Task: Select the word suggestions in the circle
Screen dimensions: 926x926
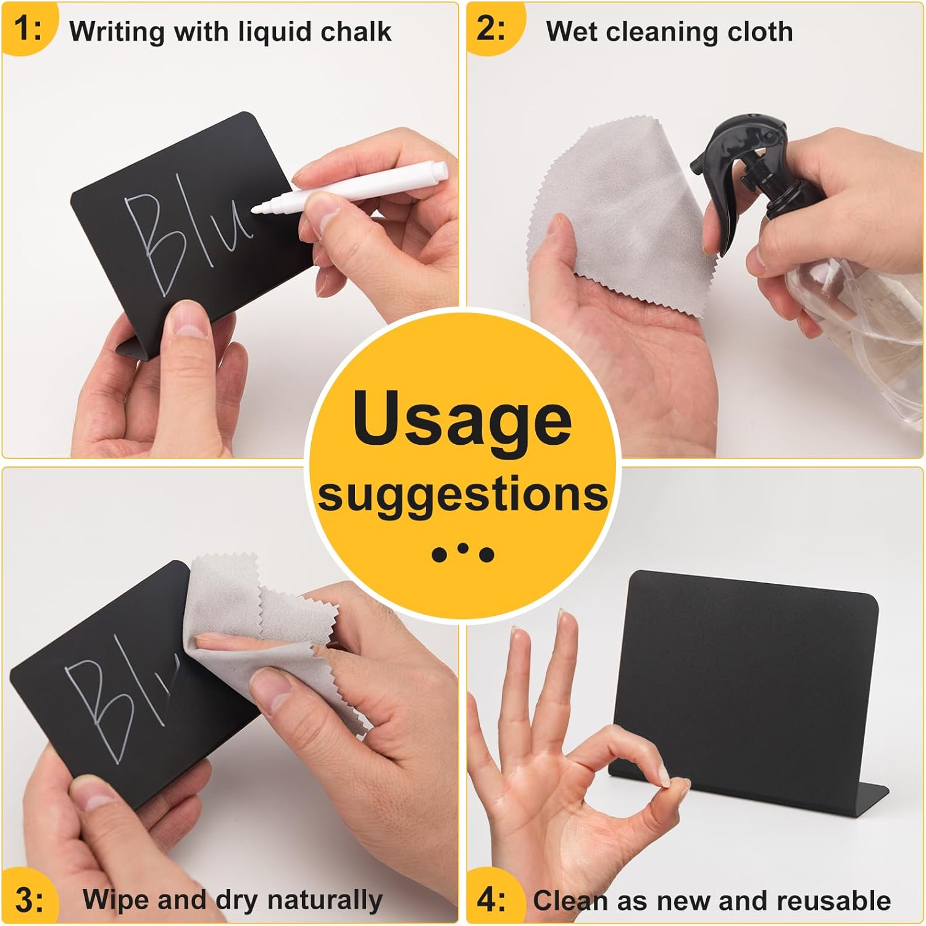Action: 463,495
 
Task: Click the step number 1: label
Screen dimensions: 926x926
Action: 28,30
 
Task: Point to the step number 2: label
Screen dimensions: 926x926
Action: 491,30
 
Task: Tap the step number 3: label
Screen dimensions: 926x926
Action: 30,900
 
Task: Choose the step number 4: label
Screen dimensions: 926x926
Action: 491,900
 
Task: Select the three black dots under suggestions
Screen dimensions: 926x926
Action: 463,553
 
